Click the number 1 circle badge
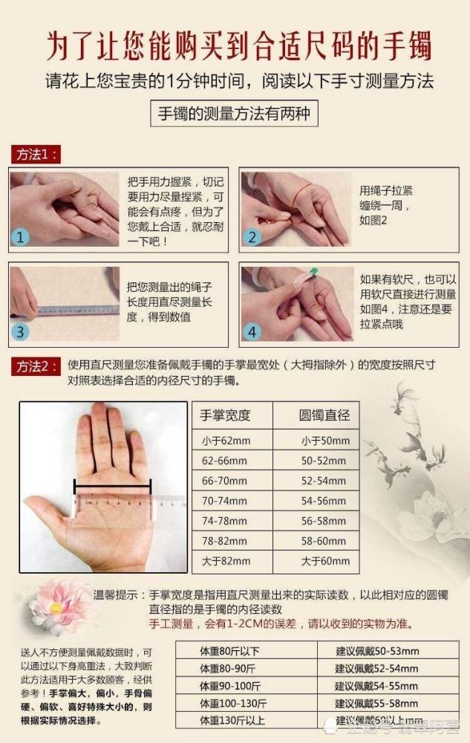21,237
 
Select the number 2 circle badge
252,237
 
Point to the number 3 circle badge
21,331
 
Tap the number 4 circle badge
252,331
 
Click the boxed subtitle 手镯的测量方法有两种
235,114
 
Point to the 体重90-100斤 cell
231,686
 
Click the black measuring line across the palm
112,487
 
